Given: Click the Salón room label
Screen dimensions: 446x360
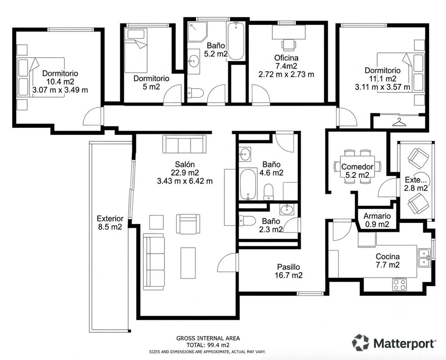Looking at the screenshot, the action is point(185,164).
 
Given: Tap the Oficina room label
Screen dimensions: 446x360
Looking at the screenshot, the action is point(286,58).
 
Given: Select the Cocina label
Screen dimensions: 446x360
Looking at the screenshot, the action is point(388,257).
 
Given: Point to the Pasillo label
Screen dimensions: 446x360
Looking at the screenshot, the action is point(288,267).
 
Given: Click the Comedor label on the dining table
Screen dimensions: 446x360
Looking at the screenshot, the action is point(357,166).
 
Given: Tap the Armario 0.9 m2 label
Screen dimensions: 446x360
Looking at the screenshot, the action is point(377,220).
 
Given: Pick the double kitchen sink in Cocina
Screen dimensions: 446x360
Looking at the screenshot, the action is point(424,258).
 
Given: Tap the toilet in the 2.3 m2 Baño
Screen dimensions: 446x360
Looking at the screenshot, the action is point(247,221).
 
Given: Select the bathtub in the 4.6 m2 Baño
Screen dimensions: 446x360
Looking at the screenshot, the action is point(248,185).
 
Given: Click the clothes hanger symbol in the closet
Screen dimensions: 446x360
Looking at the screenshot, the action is point(399,122).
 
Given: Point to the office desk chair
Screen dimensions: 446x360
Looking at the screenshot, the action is point(288,45).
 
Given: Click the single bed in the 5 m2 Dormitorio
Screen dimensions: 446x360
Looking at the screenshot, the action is point(136,50).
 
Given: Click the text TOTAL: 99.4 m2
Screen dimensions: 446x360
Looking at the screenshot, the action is point(208,345).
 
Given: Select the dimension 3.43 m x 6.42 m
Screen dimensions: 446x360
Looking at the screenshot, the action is point(185,181).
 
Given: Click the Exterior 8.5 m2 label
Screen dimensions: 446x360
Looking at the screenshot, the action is point(110,223).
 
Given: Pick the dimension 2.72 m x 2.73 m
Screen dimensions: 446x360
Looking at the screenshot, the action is point(286,74).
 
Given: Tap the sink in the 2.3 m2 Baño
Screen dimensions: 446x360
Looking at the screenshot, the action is point(287,210).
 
